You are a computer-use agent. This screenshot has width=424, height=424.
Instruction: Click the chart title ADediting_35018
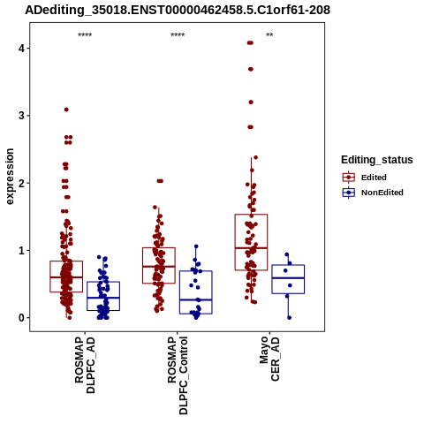178,11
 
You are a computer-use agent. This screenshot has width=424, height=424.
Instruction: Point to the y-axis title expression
10,177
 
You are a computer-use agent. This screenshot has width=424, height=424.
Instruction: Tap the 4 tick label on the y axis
21,48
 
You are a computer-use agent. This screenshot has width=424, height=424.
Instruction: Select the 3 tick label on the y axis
21,116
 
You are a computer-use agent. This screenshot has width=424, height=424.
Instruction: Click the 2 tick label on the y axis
21,183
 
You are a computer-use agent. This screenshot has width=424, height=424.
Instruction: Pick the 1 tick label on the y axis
21,250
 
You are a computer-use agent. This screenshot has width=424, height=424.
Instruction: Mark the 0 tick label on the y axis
21,318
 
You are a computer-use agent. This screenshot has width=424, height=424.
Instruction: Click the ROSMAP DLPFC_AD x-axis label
85,365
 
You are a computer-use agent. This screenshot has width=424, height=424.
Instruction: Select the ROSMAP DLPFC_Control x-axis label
178,375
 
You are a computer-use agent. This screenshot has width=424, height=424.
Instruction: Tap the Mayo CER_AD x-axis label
269,359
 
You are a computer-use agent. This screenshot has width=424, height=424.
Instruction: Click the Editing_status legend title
377,160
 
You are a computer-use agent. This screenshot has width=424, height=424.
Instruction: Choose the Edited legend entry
365,178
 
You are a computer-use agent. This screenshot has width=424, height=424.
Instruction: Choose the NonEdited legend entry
373,193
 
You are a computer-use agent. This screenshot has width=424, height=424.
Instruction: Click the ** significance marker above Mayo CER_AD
269,35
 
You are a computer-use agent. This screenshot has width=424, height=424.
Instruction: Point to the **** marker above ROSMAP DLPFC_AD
85,35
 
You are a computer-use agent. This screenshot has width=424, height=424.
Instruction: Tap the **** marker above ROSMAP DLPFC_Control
178,35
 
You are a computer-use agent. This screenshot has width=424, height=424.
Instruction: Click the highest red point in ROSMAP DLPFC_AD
66,110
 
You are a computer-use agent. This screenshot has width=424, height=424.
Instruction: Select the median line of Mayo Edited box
251,248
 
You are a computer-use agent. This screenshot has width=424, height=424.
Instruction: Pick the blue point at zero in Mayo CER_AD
289,318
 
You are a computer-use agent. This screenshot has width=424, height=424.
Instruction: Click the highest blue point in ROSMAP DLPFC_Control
196,246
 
